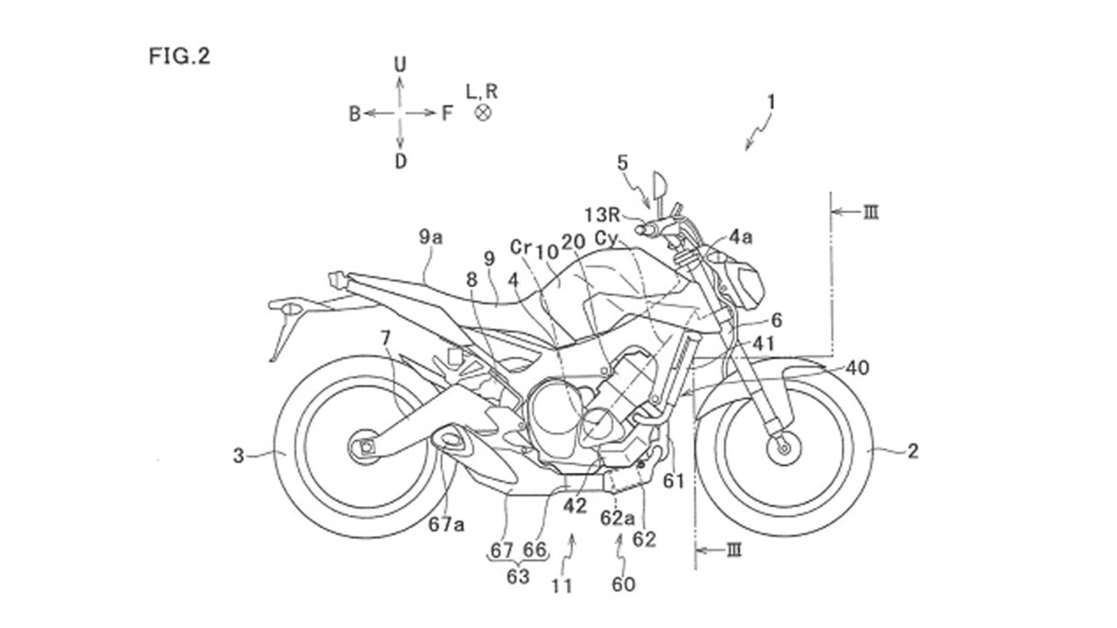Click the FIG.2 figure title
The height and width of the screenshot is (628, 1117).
click(179, 56)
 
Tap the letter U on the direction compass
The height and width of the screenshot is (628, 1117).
click(400, 65)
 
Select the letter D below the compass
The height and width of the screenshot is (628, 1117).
click(400, 161)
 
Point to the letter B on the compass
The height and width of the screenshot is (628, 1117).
click(354, 114)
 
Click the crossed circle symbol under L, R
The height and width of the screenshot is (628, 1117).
click(483, 112)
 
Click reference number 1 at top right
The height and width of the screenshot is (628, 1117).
click(771, 103)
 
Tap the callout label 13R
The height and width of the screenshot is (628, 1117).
click(603, 215)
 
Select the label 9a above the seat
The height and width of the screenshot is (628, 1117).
click(431, 237)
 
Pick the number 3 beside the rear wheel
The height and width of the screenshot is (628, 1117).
click(238, 455)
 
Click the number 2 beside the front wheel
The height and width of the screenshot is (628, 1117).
click(913, 451)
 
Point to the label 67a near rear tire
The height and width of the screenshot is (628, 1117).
click(446, 524)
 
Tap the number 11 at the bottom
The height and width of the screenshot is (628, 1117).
click(562, 586)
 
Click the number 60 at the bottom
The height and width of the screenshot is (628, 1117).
click(623, 584)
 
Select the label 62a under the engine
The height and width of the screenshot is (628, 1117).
click(617, 518)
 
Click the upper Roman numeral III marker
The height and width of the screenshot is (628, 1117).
click(871, 212)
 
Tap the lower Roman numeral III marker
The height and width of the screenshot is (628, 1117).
click(735, 549)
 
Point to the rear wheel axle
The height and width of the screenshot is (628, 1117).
click(365, 447)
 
